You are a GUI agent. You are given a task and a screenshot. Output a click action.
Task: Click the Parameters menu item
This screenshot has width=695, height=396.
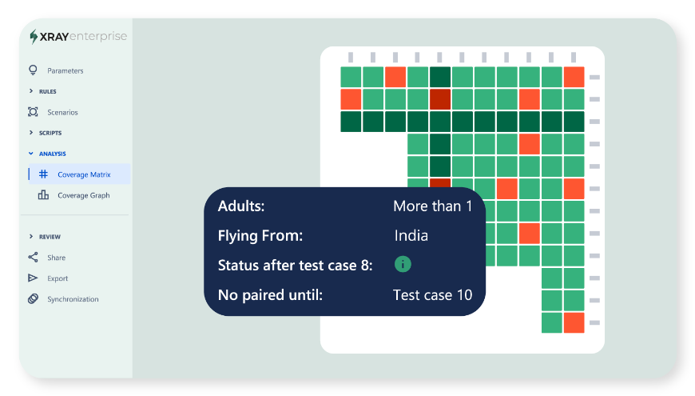tap(65, 70)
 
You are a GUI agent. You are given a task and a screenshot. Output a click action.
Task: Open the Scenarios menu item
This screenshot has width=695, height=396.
tap(62, 112)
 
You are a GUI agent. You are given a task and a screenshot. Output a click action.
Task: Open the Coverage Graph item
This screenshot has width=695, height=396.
tap(83, 195)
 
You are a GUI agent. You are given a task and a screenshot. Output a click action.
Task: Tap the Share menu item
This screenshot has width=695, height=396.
tap(56, 258)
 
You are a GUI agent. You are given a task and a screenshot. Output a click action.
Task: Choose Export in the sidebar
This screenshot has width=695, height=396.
tap(58, 278)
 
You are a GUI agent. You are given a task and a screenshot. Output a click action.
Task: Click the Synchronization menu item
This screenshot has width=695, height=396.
tap(73, 299)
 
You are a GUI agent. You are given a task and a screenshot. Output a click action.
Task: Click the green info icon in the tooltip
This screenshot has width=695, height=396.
tap(403, 265)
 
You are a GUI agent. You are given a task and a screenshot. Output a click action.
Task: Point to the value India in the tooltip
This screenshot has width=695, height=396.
tap(411, 235)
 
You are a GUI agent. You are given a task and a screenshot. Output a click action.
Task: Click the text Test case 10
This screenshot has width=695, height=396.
tap(433, 294)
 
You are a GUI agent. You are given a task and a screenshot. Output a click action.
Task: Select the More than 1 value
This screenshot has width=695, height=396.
tap(433, 206)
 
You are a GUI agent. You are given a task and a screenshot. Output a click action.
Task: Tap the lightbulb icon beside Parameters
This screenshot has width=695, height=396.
tap(33, 70)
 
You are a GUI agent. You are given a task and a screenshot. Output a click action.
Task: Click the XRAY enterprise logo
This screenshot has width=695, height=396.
tap(78, 37)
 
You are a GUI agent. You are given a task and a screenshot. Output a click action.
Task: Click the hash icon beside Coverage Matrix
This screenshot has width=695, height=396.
tap(43, 174)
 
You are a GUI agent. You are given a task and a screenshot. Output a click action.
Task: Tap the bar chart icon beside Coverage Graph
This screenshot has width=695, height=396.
tap(43, 195)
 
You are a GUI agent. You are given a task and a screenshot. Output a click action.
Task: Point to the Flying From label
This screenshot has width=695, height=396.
tap(260, 236)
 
